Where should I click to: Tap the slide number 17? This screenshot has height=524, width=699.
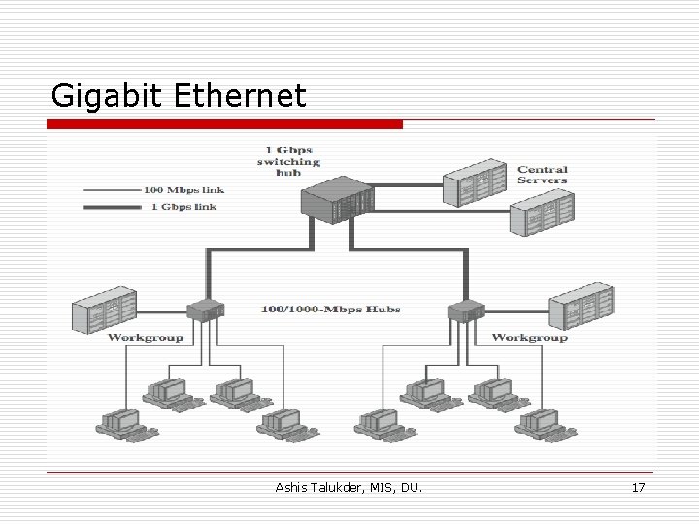637,487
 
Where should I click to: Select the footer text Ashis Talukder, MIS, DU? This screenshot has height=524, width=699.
349,487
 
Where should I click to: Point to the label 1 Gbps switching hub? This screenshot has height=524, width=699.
287,160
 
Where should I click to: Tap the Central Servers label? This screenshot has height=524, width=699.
542,175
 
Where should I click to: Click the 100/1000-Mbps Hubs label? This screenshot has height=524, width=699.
331,310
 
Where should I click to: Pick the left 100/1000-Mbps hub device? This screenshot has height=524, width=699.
206,311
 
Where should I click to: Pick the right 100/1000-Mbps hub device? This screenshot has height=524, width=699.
464,311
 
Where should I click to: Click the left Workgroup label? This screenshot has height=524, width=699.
146,337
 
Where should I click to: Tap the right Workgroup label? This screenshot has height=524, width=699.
529,337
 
